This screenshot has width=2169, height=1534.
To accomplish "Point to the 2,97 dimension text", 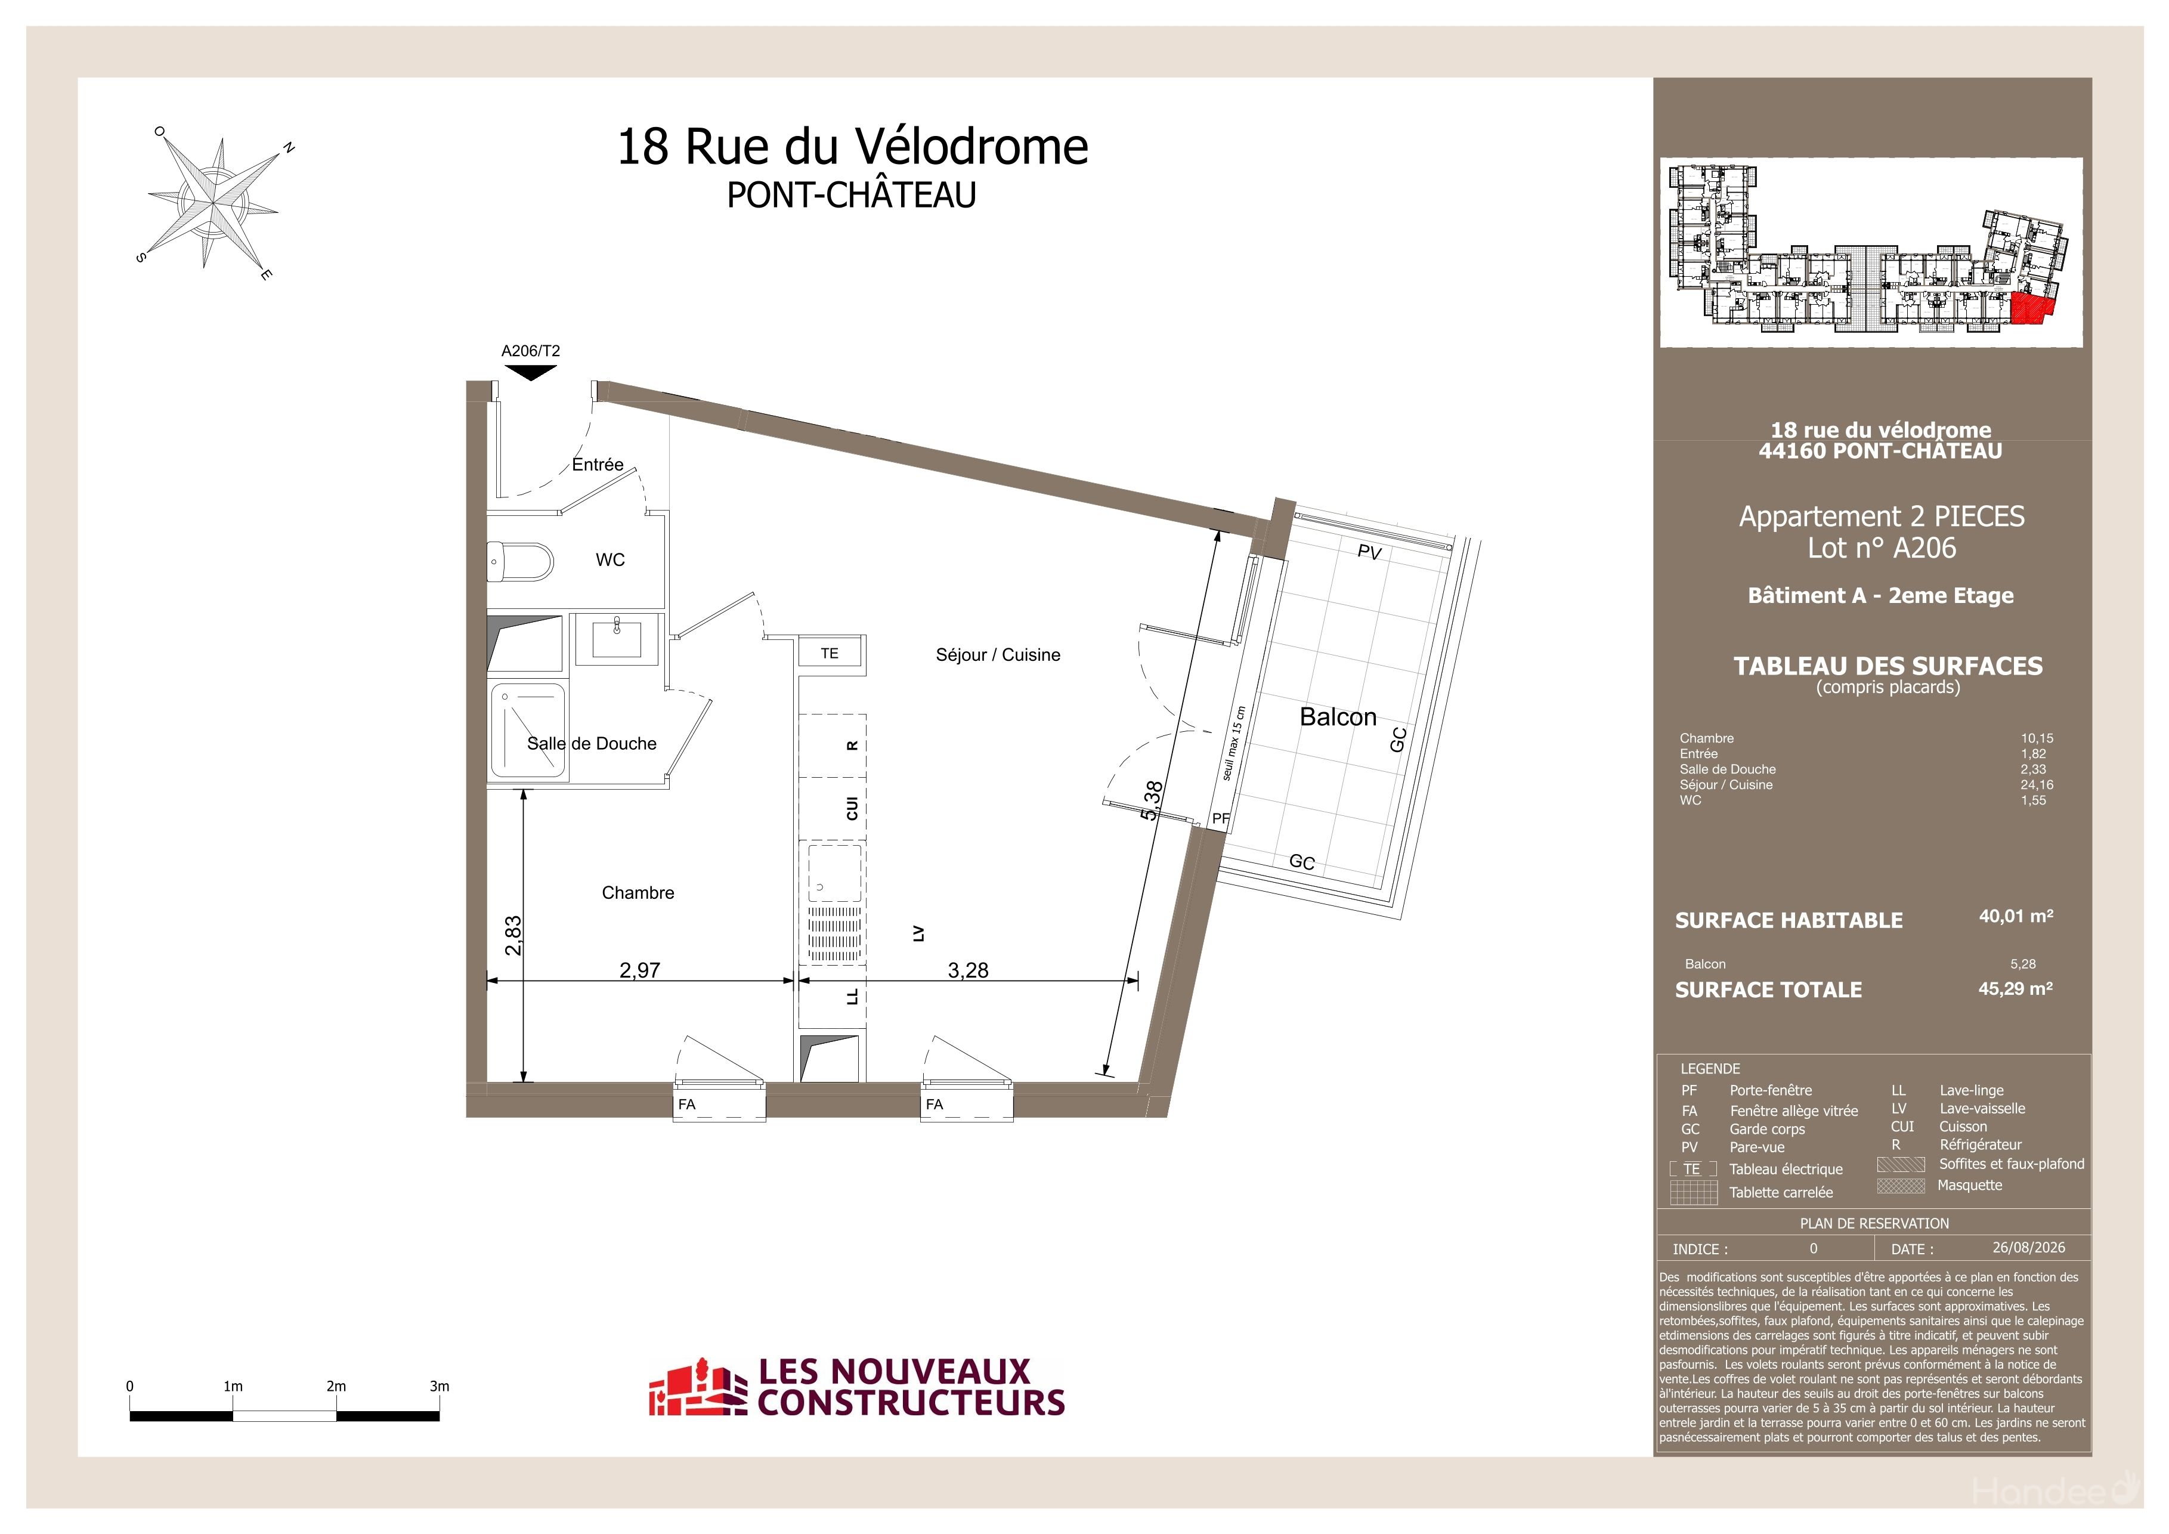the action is click(639, 970).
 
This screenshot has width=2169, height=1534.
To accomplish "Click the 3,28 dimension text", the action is click(969, 970).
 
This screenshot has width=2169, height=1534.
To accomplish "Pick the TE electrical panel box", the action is click(830, 652).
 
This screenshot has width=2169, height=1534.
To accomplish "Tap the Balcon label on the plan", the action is click(1338, 717).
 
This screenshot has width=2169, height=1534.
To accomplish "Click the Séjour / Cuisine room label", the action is click(998, 655).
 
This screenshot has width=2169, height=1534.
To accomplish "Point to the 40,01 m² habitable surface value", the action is click(2016, 916).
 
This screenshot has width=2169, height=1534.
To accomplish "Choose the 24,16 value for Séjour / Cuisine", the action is click(2037, 785).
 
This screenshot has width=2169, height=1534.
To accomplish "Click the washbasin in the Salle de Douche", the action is click(617, 639).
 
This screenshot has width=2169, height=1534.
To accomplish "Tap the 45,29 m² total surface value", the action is click(2016, 988).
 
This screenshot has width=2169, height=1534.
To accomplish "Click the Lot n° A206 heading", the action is click(1882, 548).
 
